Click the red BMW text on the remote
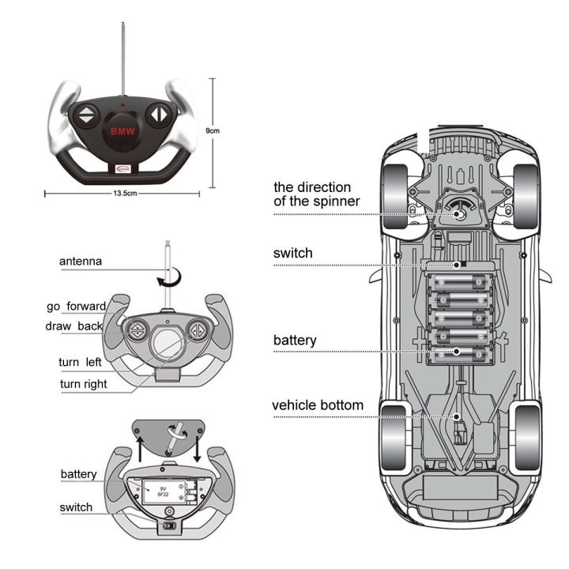122,130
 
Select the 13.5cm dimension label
126,192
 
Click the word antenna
81,261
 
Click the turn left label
79,362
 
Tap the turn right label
84,384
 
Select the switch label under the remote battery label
76,507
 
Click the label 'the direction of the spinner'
316,194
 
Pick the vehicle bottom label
318,405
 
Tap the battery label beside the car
295,341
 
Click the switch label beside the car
292,254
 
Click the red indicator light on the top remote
122,104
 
